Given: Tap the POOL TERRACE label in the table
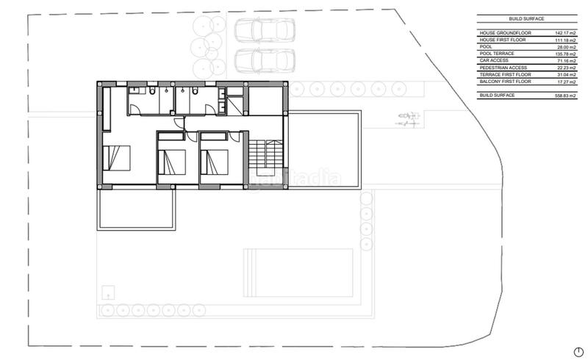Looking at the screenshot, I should pyautogui.click(x=497, y=54).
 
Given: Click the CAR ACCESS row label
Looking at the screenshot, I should pyautogui.click(x=494, y=60).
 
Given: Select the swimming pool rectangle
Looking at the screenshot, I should pyautogui.click(x=298, y=271).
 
